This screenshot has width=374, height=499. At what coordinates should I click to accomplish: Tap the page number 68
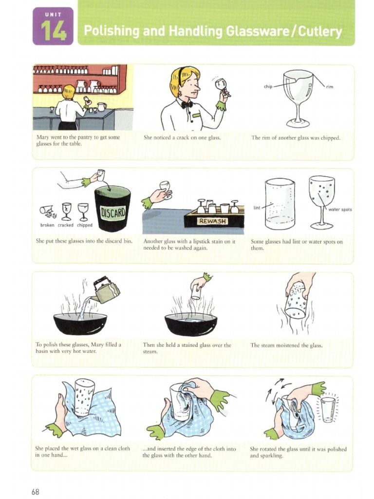pyautogui.click(x=35, y=492)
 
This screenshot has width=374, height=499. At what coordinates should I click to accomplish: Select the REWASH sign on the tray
pyautogui.click(x=210, y=221)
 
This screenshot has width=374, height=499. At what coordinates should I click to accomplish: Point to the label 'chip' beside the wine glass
pyautogui.click(x=268, y=86)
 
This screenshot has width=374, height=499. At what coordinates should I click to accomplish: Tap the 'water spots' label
pyautogui.click(x=340, y=210)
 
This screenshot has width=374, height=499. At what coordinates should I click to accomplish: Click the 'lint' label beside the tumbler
pyautogui.click(x=257, y=207)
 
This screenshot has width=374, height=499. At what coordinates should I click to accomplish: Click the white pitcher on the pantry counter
pyautogui.click(x=101, y=107)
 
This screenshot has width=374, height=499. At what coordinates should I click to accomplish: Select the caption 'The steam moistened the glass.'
pyautogui.click(x=286, y=345)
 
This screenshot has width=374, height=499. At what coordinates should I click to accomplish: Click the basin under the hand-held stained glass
pyautogui.click(x=190, y=323)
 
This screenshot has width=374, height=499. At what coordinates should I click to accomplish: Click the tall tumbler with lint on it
pyautogui.click(x=280, y=203)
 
